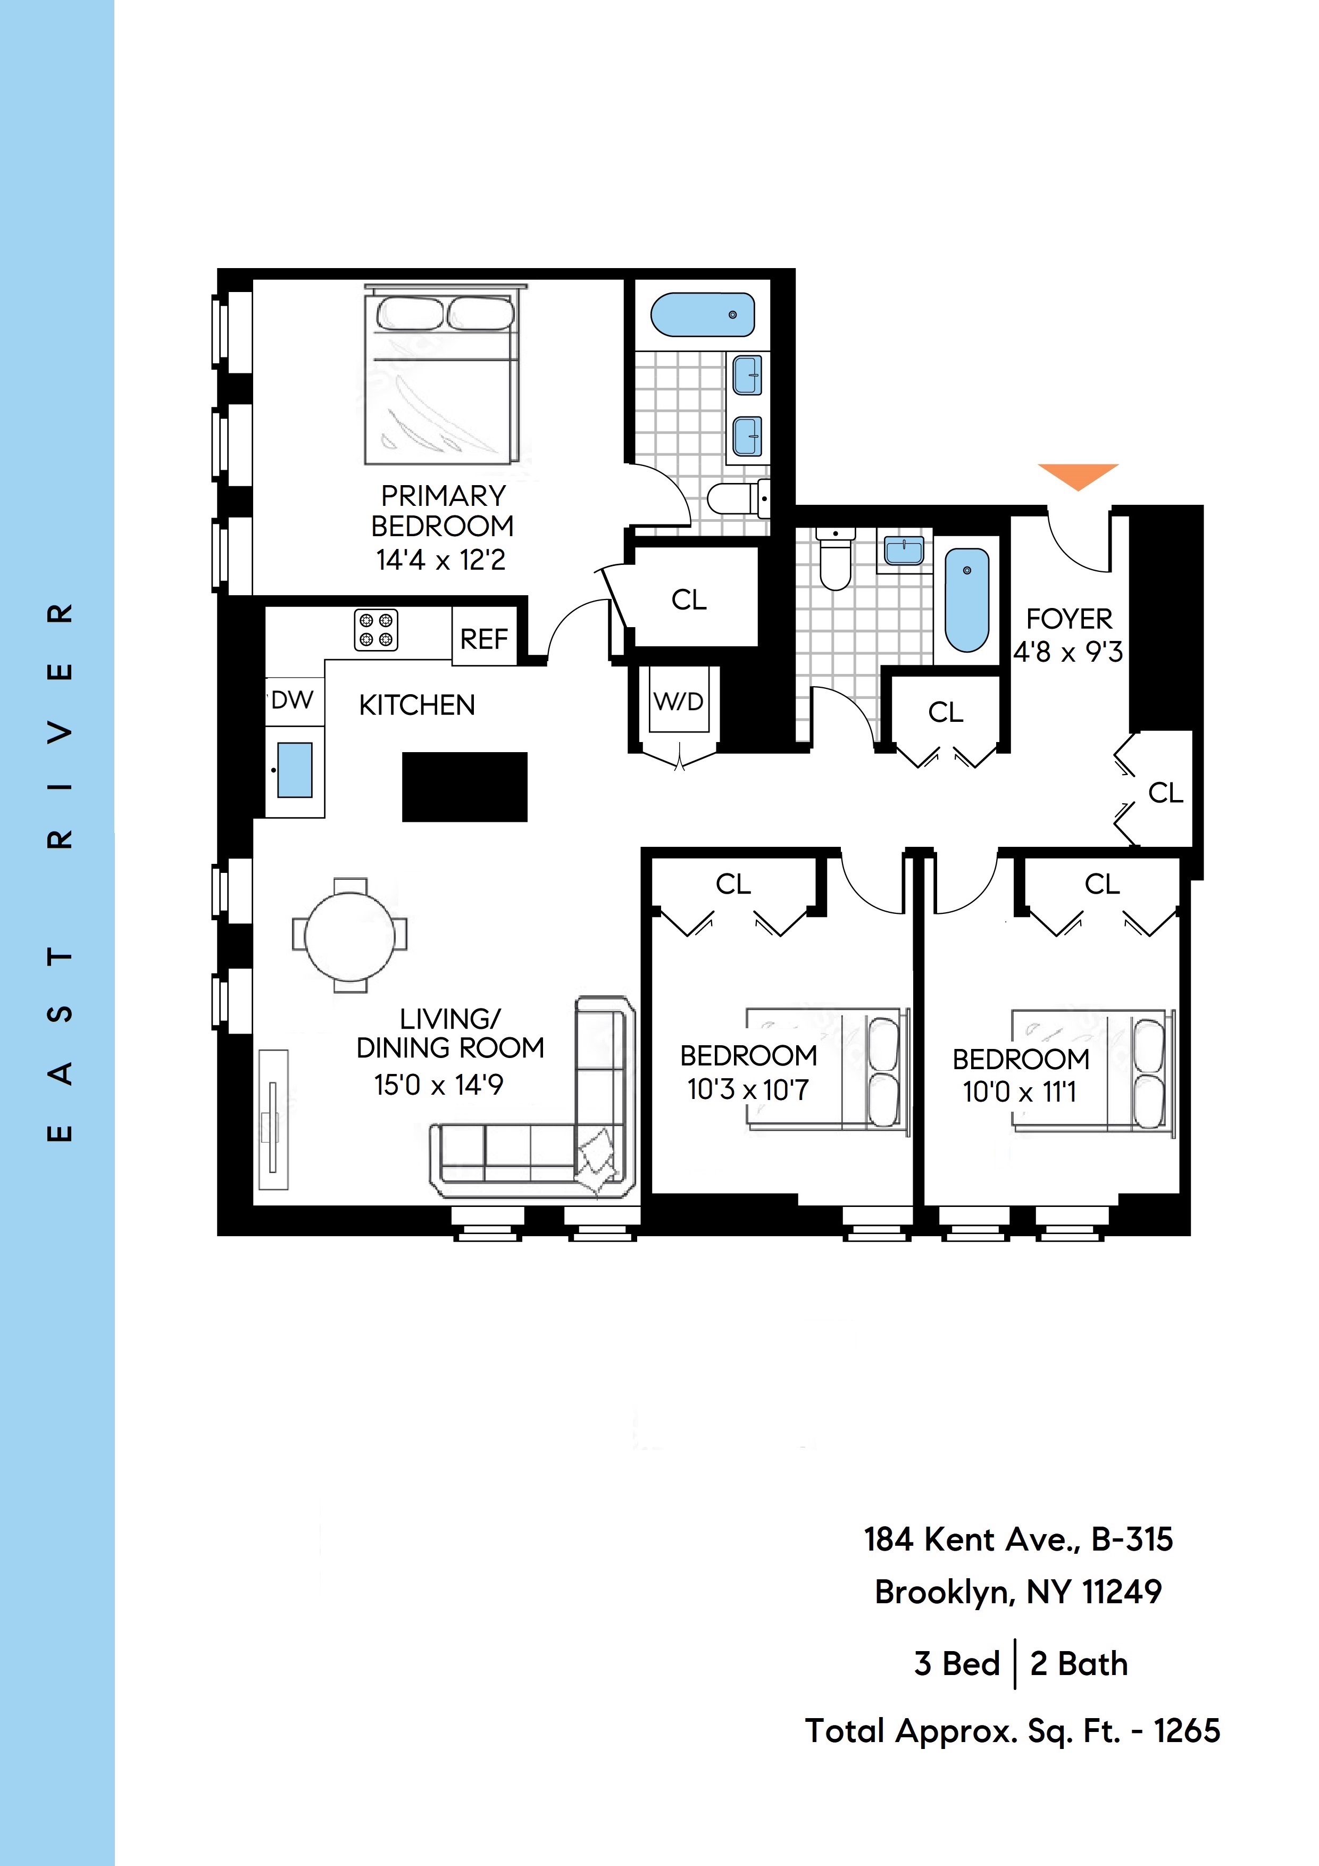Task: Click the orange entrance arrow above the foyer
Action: coord(1078,474)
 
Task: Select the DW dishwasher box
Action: coord(293,700)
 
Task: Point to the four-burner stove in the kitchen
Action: coord(376,630)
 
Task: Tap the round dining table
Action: coord(349,936)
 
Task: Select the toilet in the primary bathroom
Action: coord(736,498)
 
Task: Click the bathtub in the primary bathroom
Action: coord(703,314)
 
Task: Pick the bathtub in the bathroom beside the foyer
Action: coord(966,600)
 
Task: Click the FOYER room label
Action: coord(1068,619)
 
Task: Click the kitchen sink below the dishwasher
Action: coord(294,770)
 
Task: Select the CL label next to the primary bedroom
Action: coord(689,600)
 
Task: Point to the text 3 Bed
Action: coord(956,1664)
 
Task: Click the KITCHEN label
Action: coord(417,705)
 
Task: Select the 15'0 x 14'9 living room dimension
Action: coord(439,1085)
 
